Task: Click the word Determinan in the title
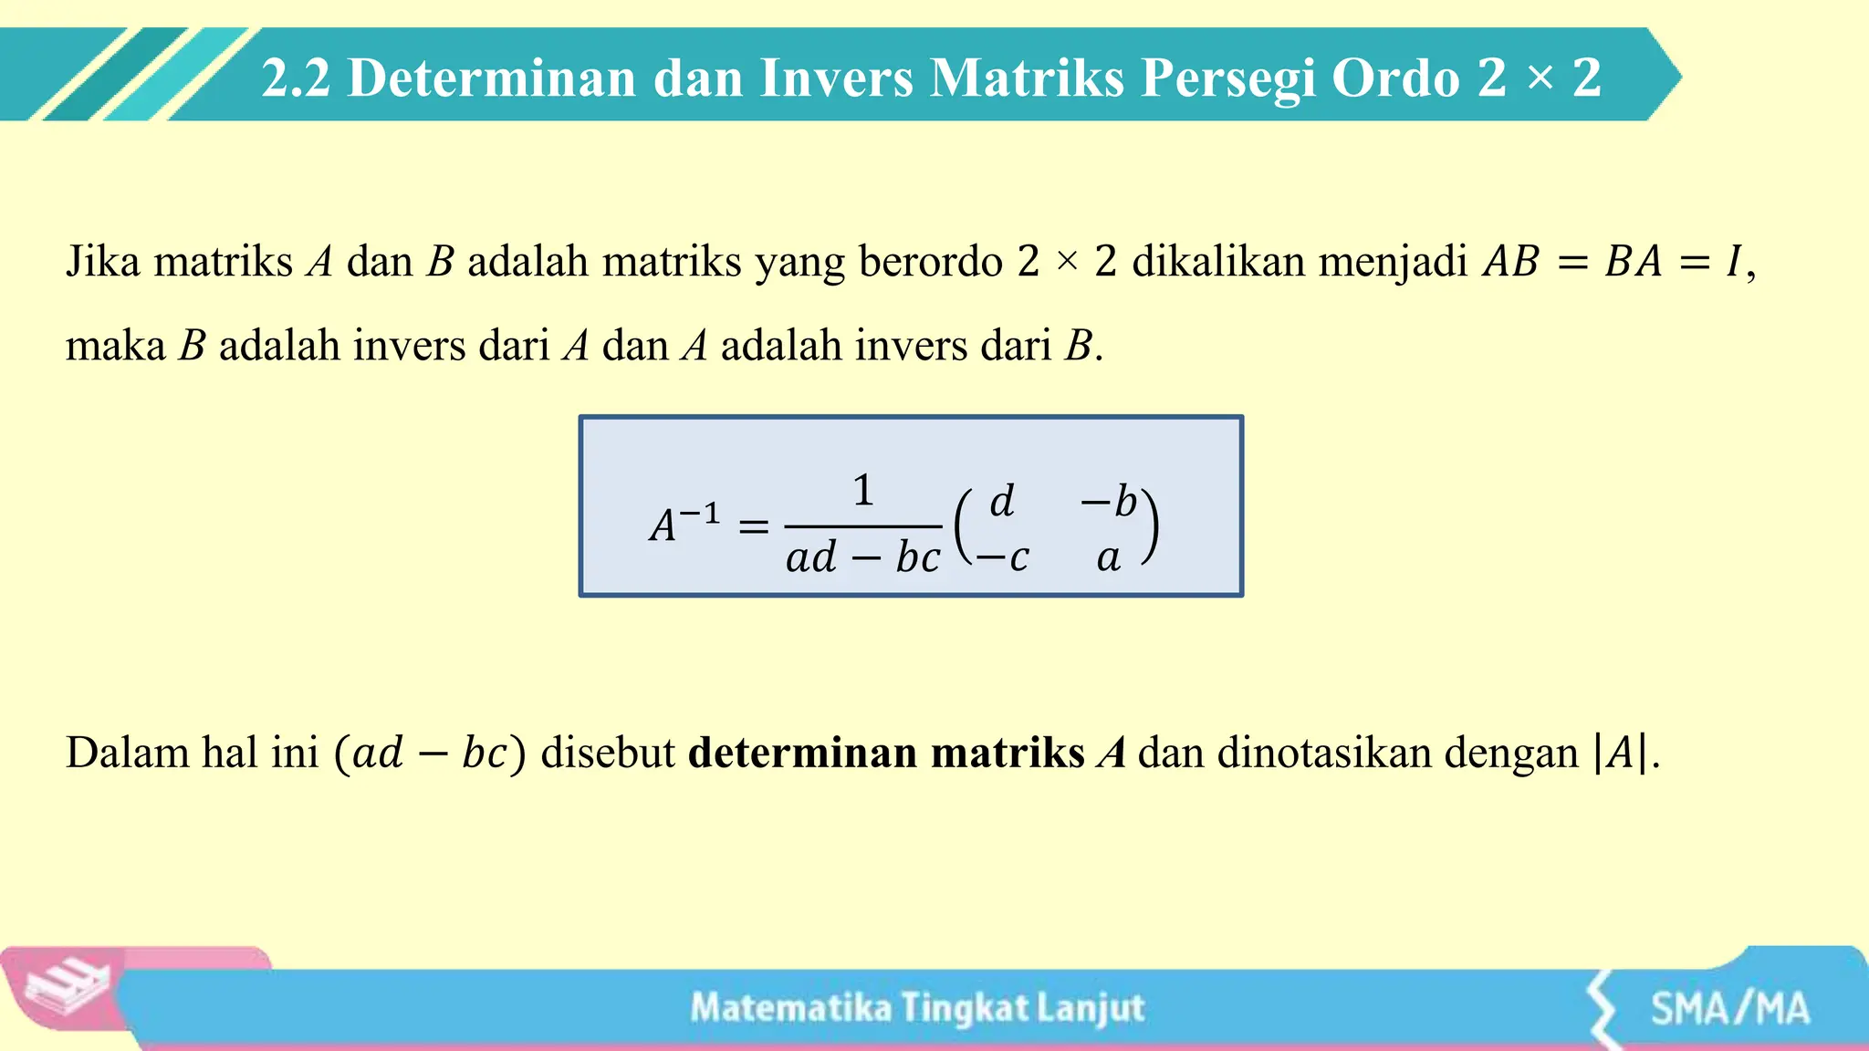pos(493,78)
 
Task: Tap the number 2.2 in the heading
pos(296,78)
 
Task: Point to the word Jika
pos(102,262)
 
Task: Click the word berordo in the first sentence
pos(930,262)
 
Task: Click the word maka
pos(115,347)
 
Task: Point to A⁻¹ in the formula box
pos(684,524)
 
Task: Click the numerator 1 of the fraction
pos(862,491)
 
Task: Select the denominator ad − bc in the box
pos(862,557)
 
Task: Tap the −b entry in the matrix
pos(1109,501)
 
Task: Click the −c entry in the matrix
pos(1002,557)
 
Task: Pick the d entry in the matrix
pos(1002,501)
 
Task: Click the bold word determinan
pos(802,754)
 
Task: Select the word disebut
pos(608,754)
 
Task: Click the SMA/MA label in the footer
pos(1729,1009)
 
